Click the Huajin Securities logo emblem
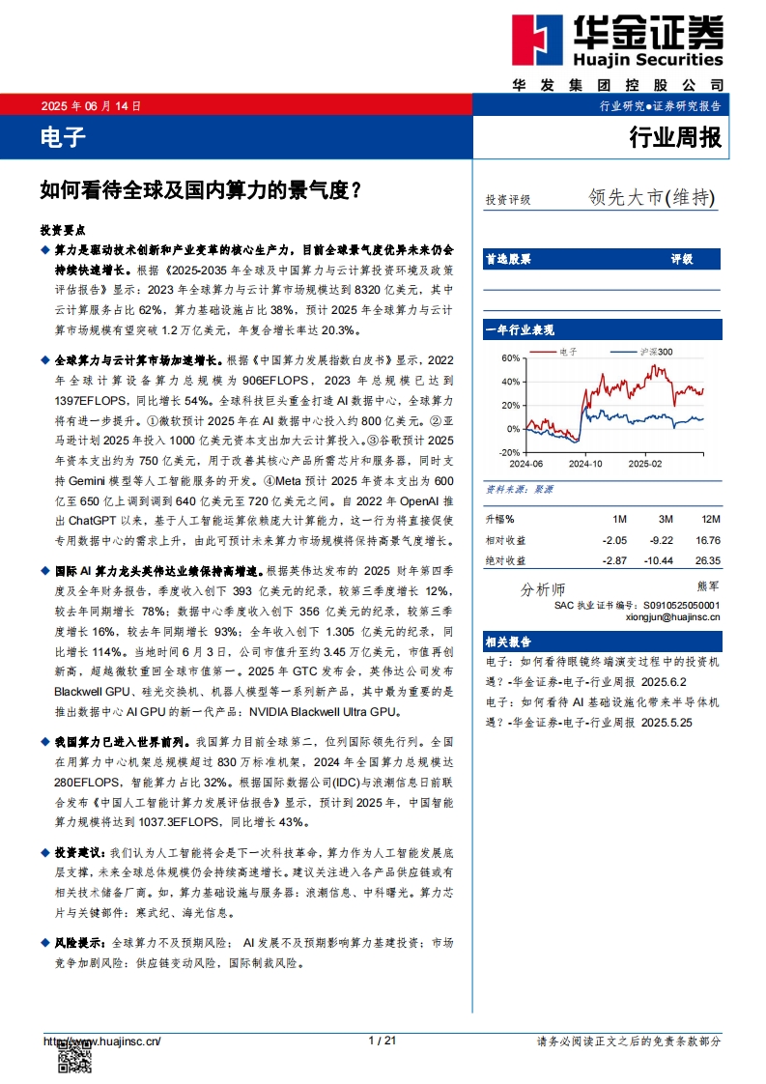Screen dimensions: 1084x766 (x=542, y=40)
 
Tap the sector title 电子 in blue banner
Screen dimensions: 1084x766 (x=63, y=138)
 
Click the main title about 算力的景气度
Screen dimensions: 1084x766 (x=201, y=190)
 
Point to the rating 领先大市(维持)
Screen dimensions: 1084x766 (x=652, y=197)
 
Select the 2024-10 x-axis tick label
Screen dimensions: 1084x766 (x=584, y=464)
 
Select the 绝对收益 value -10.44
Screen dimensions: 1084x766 (x=660, y=560)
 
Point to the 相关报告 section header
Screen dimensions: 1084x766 (x=508, y=642)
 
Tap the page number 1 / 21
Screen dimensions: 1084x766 (x=383, y=1041)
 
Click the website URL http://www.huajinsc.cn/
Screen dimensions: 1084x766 (x=101, y=1041)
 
